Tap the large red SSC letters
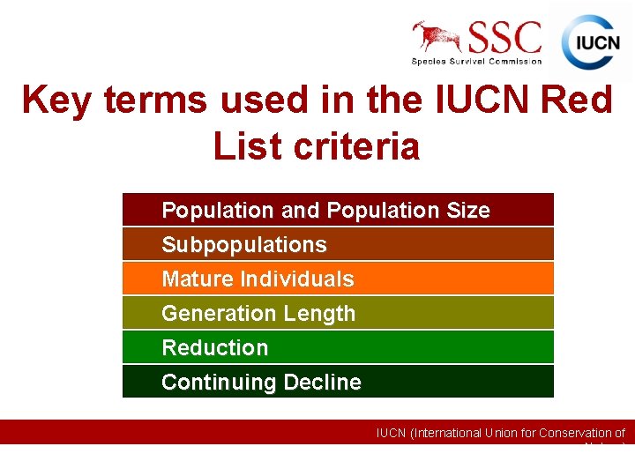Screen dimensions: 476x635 point(504,37)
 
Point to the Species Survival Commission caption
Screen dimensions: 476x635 point(476,61)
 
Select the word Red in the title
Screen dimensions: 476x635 point(577,100)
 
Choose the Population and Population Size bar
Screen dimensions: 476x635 point(338,210)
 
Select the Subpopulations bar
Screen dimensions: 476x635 point(338,244)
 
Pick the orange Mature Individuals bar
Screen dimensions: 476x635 point(338,279)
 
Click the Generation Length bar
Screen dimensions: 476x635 point(338,313)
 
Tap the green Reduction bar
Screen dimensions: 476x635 point(338,347)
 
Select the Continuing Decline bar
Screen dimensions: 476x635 point(338,382)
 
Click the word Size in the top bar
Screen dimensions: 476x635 point(467,211)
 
